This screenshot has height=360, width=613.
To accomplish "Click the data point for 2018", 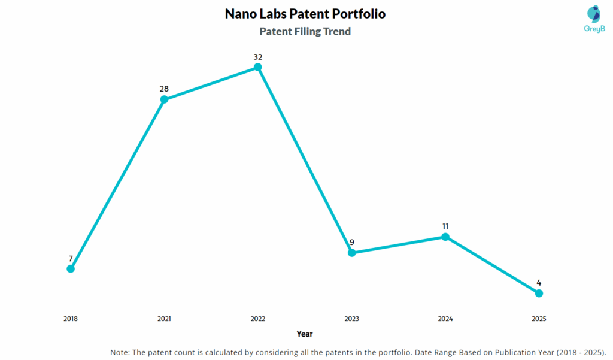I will (71, 268).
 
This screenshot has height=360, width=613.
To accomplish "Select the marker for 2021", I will (164, 99).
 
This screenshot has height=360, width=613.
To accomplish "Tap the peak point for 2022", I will (258, 67).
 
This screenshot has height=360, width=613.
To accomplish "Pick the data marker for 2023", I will (352, 253).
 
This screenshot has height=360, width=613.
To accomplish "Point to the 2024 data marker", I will (445, 237).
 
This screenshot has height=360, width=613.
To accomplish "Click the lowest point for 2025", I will (539, 293).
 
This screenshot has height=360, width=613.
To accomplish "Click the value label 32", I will (258, 57).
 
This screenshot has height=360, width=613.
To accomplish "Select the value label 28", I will (164, 89).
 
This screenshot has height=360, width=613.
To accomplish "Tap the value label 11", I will (445, 226).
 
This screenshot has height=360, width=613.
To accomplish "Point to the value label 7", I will (71, 259).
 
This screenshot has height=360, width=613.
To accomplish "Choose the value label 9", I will (352, 243).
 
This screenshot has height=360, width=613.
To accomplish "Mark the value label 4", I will (539, 283).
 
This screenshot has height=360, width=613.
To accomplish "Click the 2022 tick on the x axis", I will (258, 319).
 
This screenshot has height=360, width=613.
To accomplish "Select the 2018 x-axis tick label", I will (71, 319).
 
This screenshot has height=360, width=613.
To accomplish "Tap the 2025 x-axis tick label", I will (539, 319).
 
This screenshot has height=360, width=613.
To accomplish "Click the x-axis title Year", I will (304, 334).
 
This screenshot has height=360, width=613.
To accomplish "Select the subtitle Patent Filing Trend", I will (305, 32).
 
